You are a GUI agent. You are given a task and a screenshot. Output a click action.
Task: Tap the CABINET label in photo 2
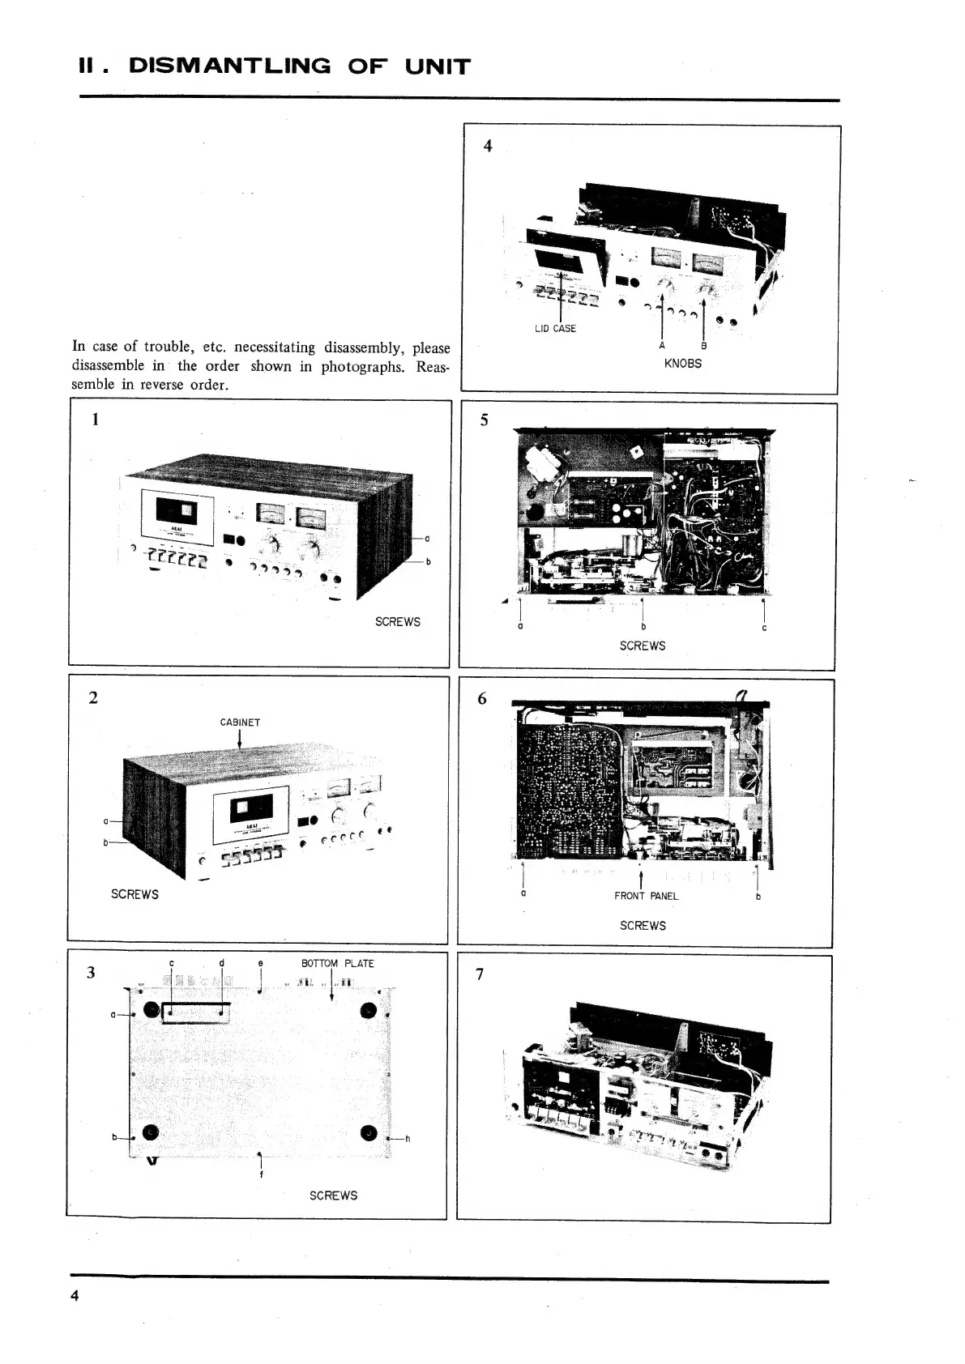(240, 722)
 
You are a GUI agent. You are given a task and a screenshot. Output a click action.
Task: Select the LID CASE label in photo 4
(555, 328)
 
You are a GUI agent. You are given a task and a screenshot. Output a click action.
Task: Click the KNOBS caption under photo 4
(682, 364)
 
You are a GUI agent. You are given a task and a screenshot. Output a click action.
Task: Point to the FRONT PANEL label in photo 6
(646, 896)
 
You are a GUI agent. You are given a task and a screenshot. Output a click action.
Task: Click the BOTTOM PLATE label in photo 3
(337, 963)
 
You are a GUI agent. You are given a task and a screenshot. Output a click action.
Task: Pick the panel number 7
(480, 974)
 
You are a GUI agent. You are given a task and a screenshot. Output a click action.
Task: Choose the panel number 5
(485, 420)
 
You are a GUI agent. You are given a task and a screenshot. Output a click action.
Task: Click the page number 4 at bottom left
(75, 1295)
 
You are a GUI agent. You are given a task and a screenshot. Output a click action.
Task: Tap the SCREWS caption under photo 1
(397, 622)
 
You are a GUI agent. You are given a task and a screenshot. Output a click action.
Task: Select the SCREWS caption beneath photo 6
(643, 925)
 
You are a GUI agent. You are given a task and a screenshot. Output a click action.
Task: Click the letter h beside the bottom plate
(407, 1139)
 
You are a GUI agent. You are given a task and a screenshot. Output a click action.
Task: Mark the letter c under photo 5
(764, 628)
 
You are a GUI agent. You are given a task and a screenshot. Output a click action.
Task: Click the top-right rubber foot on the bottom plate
(369, 1010)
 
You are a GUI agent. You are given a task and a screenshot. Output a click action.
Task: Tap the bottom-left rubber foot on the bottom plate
(151, 1132)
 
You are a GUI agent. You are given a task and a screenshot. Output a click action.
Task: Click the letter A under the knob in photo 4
(663, 346)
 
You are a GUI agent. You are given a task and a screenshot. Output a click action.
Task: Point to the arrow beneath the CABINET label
(240, 740)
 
